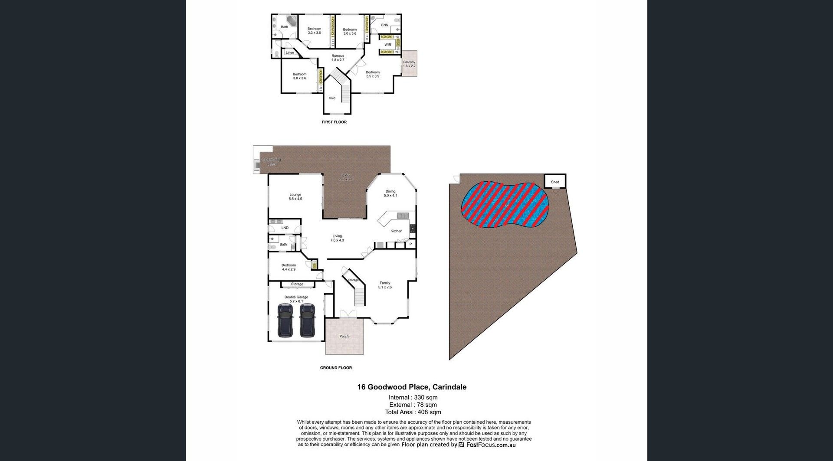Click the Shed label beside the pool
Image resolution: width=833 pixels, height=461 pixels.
point(555,182)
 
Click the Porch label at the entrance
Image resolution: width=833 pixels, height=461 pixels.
point(344,336)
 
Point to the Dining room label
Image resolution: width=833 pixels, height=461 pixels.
point(390,191)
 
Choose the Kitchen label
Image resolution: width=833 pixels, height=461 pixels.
point(396,231)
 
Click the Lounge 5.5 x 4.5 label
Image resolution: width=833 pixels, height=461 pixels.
point(295,197)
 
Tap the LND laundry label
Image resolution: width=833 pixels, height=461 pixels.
point(285,228)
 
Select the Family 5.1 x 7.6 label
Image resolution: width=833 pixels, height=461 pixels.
point(385,285)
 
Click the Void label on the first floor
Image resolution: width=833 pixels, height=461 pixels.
point(332,98)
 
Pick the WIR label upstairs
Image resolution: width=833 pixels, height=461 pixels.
point(388,45)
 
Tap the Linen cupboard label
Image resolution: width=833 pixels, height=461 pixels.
point(290,53)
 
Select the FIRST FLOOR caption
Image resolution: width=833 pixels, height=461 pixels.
point(334,122)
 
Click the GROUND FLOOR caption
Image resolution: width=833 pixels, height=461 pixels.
point(336,368)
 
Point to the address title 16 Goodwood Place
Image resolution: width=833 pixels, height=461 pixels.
point(412,387)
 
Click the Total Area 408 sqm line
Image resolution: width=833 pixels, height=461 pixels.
point(413,412)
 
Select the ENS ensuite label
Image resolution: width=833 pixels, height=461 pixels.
point(384,25)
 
